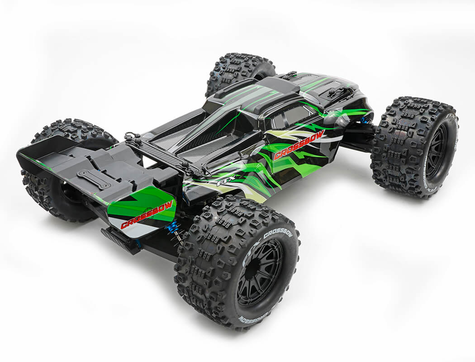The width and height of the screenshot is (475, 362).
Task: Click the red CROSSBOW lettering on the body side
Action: [299, 145]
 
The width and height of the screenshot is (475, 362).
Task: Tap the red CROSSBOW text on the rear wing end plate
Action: [147, 214]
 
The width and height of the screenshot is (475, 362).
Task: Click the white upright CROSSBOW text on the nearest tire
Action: [278, 234]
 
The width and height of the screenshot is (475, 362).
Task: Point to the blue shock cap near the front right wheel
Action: [363, 120]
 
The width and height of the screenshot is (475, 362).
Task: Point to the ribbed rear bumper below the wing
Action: [120, 240]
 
